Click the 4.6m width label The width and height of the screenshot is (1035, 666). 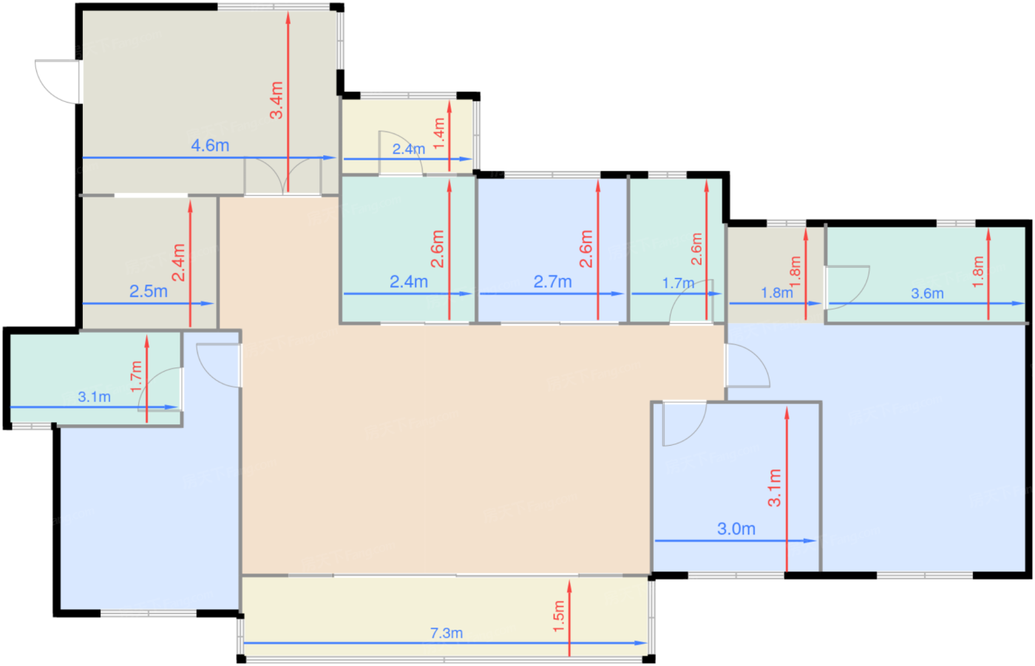pos(210,146)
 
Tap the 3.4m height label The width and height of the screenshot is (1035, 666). pos(276,101)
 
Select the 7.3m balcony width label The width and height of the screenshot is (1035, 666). pos(447,633)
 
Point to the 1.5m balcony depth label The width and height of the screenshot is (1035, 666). pos(559,616)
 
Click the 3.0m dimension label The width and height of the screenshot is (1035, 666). pos(736,529)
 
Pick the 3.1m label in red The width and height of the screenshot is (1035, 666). pos(775,488)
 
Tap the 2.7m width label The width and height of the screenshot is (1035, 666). pos(553,282)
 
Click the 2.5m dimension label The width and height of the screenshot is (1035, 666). pos(149,291)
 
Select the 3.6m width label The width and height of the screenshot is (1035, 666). pos(927,293)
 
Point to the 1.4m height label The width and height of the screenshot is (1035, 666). pos(439,134)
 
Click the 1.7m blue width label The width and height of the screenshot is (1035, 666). pos(679,283)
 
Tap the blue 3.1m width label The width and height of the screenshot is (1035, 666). pos(95,397)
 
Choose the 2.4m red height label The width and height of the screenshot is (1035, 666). pos(178,263)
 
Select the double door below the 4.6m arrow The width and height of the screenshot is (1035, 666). pos(282,177)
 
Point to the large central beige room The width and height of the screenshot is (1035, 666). pos(444,444)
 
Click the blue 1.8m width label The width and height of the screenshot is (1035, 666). pos(777,293)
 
